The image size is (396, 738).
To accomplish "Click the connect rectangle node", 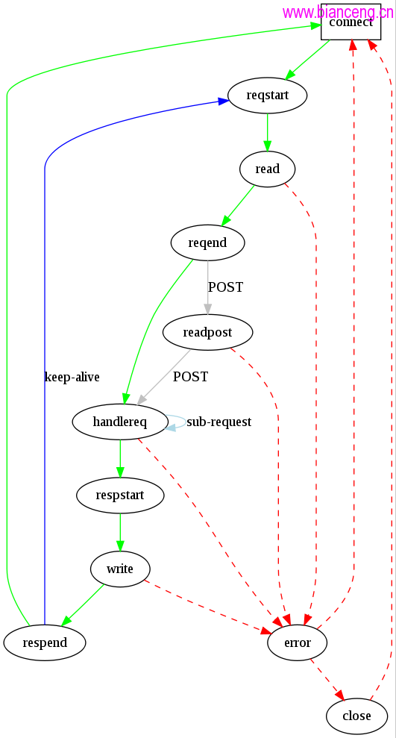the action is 351,22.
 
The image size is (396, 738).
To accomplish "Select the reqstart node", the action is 268,96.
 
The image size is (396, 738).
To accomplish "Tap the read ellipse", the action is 268,169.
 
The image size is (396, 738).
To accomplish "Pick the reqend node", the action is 207,243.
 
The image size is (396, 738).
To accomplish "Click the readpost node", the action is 207,332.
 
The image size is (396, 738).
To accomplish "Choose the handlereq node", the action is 120,422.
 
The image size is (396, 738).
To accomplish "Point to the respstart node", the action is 120,495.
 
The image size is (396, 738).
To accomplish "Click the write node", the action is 120,569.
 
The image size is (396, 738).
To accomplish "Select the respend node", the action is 45,642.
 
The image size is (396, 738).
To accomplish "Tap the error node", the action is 298,642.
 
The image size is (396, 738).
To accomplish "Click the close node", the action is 357,716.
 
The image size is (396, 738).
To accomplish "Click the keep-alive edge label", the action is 72,377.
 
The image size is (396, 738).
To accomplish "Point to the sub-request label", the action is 219,422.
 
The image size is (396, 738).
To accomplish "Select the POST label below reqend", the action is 225,287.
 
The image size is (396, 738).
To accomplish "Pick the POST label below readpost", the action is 190,377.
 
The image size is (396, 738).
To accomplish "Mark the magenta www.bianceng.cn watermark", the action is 338,12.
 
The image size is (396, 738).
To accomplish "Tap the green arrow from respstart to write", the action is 120,532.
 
